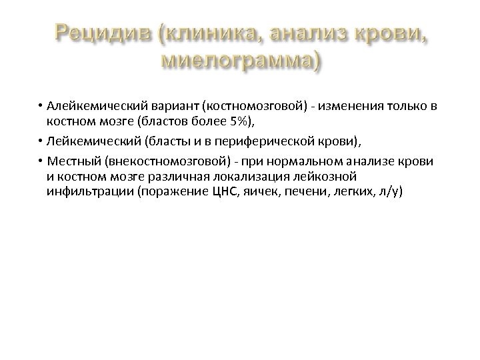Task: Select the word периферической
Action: [236, 143]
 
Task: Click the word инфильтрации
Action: [80, 192]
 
